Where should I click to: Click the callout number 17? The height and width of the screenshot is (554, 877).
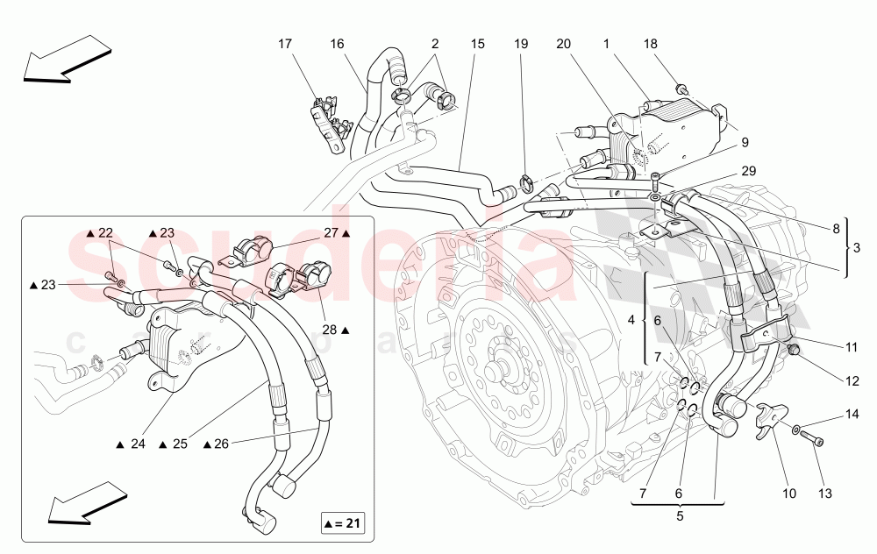285,43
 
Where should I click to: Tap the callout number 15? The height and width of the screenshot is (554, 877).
477,43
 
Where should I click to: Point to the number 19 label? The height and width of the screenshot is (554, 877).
521,43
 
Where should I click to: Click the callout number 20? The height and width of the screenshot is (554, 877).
562,43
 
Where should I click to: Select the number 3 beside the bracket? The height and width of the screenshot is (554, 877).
858,248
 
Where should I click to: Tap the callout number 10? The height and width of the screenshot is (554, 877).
789,494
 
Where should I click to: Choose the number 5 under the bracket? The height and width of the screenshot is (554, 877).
679,516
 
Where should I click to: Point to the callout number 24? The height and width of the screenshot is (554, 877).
138,444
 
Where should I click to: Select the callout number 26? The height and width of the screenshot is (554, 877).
220,444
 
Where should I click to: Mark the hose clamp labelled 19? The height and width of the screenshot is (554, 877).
528,184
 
